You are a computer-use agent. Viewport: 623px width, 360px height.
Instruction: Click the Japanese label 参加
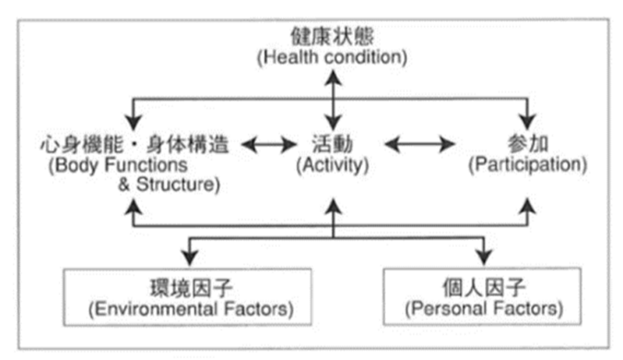click(x=527, y=144)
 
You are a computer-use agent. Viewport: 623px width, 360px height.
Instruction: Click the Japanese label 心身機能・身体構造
click(x=134, y=144)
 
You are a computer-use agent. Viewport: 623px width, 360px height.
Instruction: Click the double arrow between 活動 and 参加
click(x=420, y=144)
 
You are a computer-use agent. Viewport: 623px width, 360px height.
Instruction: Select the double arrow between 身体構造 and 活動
click(x=268, y=144)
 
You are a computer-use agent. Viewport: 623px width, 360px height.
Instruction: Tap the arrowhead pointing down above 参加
click(x=527, y=122)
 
